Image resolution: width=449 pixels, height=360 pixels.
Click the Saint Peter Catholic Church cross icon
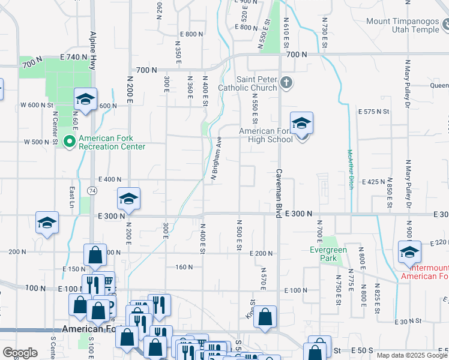[286, 83]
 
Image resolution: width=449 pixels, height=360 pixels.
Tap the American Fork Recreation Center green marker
[69, 142]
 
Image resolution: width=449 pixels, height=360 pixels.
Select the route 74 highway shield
[91, 190]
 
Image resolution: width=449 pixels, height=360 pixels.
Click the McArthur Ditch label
[349, 170]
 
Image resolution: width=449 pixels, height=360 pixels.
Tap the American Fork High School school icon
[301, 124]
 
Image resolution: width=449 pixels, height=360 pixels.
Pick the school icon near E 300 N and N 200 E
[128, 199]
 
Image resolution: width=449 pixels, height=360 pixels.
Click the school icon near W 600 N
[85, 99]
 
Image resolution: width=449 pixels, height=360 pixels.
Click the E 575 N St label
[374, 112]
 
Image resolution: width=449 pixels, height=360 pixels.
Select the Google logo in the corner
[20, 353]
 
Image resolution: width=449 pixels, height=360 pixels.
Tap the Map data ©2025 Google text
[412, 355]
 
